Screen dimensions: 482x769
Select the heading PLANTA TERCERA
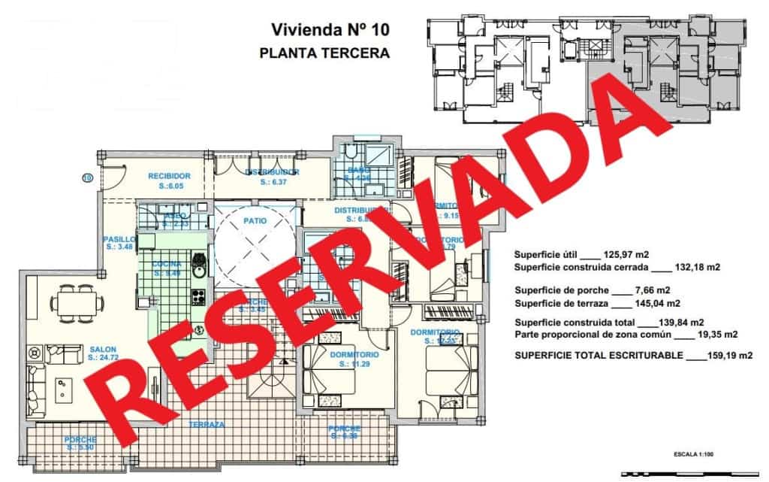[324, 53]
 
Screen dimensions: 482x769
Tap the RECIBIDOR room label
[169, 176]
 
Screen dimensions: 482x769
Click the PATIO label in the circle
[256, 220]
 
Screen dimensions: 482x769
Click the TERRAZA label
[207, 424]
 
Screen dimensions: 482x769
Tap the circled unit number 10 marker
[86, 178]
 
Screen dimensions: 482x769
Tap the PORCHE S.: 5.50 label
[80, 443]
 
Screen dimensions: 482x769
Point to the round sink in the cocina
[199, 262]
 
